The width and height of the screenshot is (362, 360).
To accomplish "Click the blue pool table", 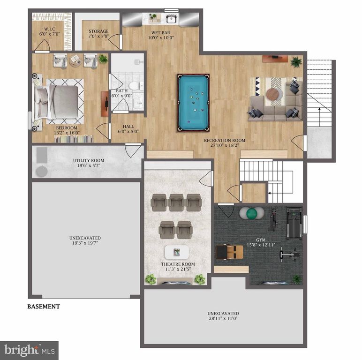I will (x=193, y=103).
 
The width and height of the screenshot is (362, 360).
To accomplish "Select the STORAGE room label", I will (x=98, y=32).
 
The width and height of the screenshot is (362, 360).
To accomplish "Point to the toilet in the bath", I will (x=134, y=86).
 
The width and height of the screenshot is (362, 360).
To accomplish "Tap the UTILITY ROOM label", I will (x=88, y=161).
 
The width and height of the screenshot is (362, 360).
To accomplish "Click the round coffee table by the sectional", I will (x=272, y=94).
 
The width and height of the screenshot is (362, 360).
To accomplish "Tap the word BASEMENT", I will (x=43, y=307).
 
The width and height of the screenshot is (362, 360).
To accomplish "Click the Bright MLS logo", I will (x=29, y=350).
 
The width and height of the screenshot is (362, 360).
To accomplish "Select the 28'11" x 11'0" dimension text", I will (x=223, y=319).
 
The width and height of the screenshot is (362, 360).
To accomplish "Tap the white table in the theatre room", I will (x=177, y=252).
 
